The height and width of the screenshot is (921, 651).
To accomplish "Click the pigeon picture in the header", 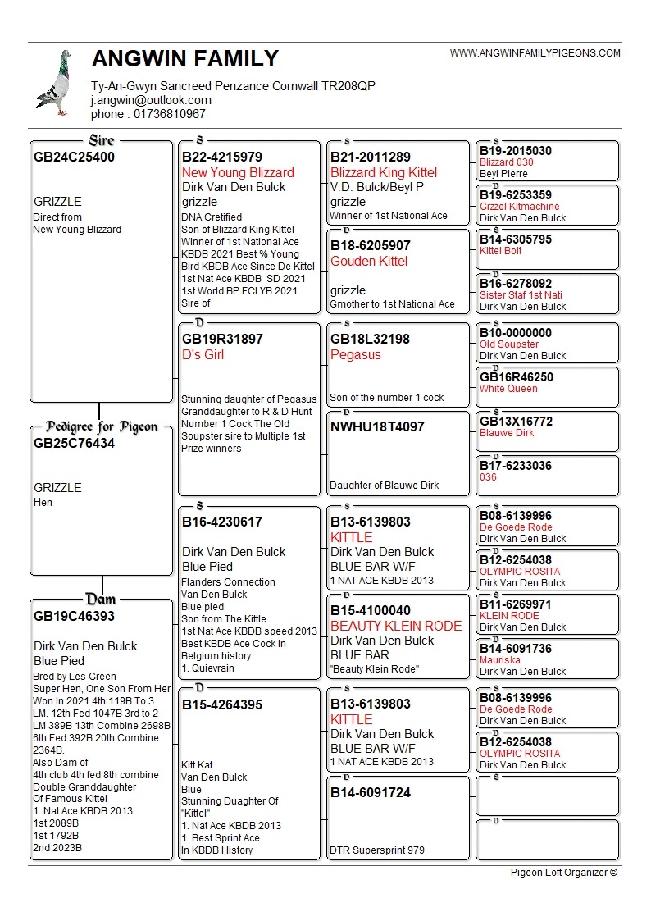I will (x=54, y=82).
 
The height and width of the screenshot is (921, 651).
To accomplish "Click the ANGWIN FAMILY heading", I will (x=185, y=59).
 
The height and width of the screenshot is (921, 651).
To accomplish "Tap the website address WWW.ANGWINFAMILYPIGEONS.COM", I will (x=535, y=53).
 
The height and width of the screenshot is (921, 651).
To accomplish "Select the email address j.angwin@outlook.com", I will (x=151, y=100).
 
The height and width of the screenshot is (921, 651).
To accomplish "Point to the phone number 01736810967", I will (x=148, y=114).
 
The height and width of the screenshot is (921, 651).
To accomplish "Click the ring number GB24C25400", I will (x=75, y=157).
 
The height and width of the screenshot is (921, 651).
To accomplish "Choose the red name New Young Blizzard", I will (x=238, y=173).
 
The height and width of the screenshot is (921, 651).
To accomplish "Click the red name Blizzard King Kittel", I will (x=384, y=173).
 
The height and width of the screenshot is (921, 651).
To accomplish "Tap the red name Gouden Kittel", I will (x=369, y=262).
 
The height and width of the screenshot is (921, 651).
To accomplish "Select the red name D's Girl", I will (x=203, y=355).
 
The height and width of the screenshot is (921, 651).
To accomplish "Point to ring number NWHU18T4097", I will (x=377, y=427).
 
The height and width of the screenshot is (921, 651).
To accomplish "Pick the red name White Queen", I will (x=508, y=389).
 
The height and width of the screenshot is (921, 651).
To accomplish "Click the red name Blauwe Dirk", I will (x=507, y=433).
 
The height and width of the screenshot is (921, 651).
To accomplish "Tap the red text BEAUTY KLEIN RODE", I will (x=396, y=627).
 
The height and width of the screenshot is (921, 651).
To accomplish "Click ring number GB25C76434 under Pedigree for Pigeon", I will (x=75, y=444).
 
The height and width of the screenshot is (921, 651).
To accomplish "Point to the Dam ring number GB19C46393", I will (x=75, y=617).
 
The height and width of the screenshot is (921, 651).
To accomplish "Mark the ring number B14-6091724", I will (x=371, y=793).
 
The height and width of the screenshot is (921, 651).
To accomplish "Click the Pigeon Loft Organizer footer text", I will (x=563, y=873).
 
